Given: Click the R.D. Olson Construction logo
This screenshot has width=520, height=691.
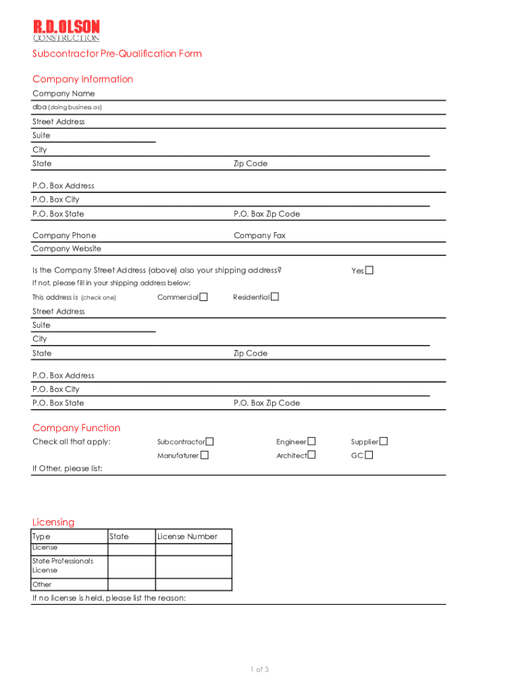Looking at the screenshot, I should tap(66, 30).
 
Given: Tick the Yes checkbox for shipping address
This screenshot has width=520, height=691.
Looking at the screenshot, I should tap(369, 271).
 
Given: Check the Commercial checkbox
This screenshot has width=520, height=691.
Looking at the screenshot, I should tap(203, 297).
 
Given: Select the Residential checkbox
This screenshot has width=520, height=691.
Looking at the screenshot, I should tap(275, 297).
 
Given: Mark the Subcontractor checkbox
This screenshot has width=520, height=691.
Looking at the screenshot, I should tap(210, 442).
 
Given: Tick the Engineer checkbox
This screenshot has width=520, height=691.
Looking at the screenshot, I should tap(311, 442).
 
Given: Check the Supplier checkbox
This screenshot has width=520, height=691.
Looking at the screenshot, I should tap(384, 442).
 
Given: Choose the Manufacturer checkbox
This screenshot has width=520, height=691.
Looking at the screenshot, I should tap(205, 455).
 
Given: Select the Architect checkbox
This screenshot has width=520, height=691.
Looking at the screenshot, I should tap(311, 455).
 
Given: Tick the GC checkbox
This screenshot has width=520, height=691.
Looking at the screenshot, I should tap(369, 455).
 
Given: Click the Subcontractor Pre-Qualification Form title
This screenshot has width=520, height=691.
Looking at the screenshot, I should tap(117, 54).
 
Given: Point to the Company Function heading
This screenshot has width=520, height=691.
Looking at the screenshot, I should tap(76, 428).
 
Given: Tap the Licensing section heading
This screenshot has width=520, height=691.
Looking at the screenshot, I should tap(53, 522).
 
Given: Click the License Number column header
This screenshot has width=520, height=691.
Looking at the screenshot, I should tap(187, 536).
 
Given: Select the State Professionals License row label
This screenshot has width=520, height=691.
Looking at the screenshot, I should tap(62, 565).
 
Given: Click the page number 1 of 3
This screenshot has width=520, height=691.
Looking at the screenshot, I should tap(259, 669).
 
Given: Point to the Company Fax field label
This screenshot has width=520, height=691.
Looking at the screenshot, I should tap(259, 236).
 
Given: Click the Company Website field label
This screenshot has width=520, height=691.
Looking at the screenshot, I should tap(67, 249).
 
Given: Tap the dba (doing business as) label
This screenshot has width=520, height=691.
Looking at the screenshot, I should tap(67, 107).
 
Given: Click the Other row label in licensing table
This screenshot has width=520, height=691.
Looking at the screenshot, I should tap(42, 584).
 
